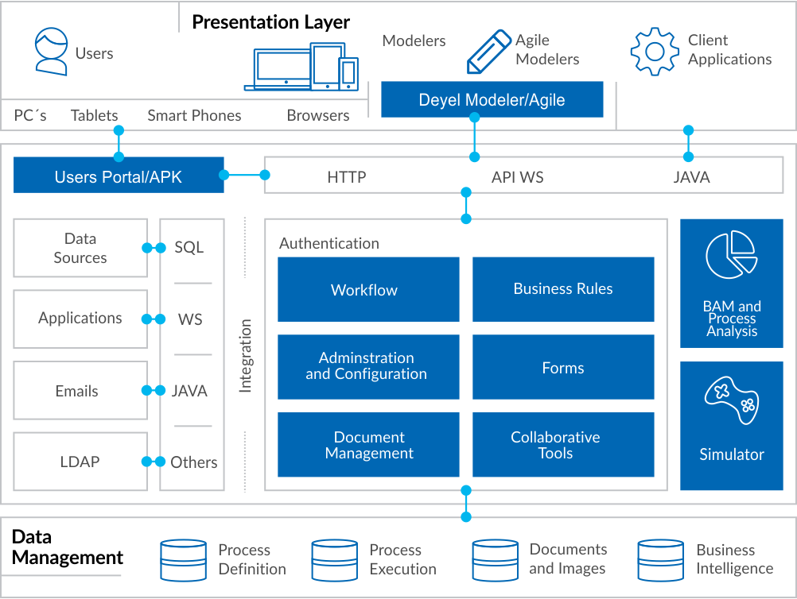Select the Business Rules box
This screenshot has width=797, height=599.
563,289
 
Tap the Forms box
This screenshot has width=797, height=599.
563,367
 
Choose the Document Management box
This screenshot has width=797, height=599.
368,445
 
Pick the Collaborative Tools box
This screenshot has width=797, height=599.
563,445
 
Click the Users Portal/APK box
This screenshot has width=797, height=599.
119,175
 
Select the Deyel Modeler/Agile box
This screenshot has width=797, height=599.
492,99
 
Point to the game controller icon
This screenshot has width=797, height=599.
732,400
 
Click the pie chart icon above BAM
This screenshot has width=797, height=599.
732,254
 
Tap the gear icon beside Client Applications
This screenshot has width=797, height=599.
655,52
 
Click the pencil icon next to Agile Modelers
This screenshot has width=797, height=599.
489,52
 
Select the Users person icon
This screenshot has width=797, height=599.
51,52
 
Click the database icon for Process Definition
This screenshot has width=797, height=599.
184,560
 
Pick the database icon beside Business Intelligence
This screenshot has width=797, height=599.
661,560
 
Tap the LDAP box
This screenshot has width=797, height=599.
80,462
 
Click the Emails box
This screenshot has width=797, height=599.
80,390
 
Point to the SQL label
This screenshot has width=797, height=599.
189,247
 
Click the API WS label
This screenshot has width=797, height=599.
518,177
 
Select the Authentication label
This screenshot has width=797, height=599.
329,243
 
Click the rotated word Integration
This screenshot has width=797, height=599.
246,356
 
